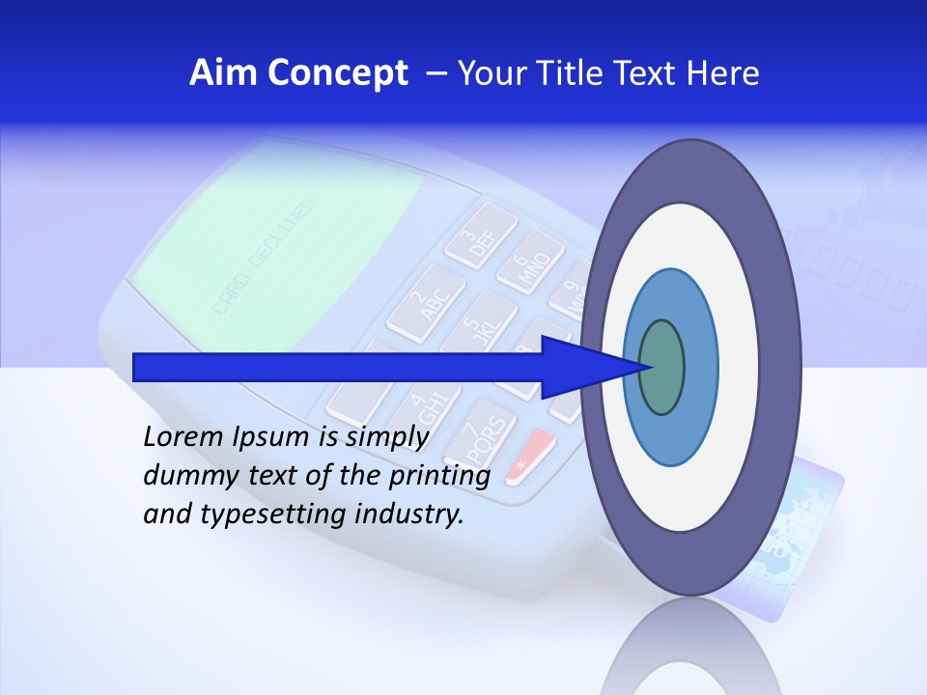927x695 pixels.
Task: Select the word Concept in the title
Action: tap(337, 74)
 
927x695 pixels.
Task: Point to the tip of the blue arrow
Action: tap(644, 367)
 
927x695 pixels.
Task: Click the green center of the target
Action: tap(663, 367)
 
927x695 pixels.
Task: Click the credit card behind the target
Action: tap(816, 521)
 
